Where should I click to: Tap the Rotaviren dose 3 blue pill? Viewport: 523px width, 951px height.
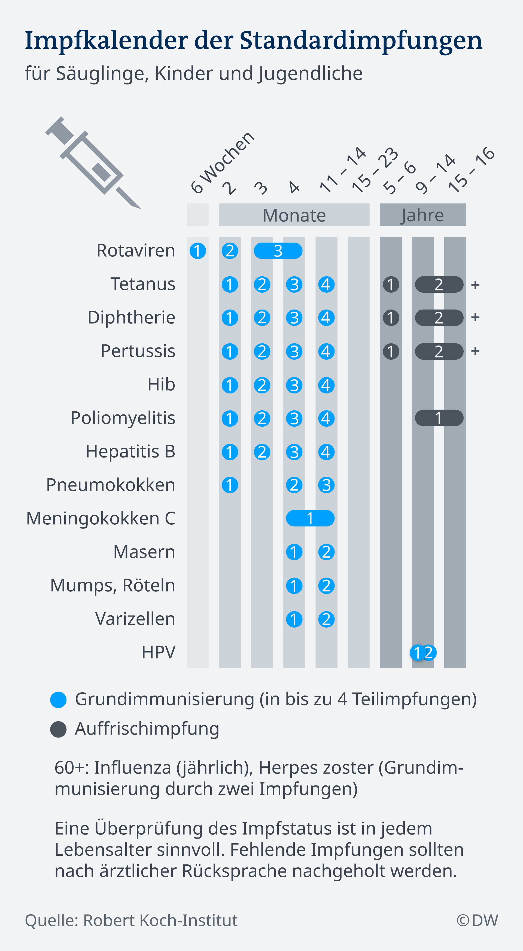coord(278,251)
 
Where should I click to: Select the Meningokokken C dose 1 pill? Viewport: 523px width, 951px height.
coord(310,518)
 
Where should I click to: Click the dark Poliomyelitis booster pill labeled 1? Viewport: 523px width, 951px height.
coord(439,418)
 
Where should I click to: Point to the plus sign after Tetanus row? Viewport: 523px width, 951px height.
coord(475,285)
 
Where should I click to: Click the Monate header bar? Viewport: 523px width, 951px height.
coord(294,215)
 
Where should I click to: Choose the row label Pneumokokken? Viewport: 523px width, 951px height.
coord(110,485)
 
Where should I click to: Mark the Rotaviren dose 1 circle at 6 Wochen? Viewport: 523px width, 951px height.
coord(197,251)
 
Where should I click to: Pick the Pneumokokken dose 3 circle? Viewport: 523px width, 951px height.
coord(326,485)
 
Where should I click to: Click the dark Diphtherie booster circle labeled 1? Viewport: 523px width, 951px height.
coord(391,318)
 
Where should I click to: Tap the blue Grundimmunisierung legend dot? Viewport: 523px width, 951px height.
coord(58,700)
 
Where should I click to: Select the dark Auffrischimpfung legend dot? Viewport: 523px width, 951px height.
coord(58,729)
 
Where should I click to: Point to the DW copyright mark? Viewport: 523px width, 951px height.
coord(477,920)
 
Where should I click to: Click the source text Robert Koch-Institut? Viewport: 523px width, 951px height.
coord(160,920)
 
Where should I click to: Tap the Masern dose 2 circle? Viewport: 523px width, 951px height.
coord(326,552)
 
